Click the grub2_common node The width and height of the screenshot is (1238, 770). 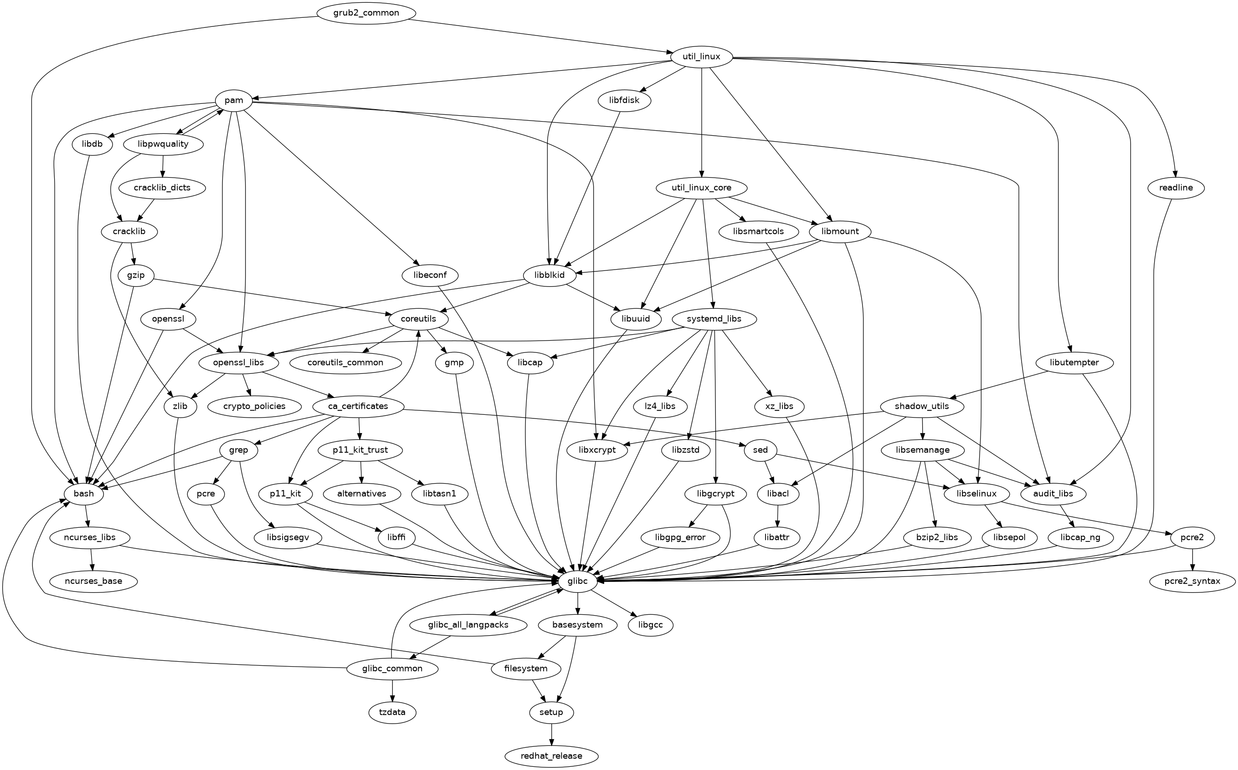366,13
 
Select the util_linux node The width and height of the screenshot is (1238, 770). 702,56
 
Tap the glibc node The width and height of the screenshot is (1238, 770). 577,581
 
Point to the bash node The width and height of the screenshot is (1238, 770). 84,494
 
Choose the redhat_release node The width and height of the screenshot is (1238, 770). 552,756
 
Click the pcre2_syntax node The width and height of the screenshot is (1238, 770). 1192,581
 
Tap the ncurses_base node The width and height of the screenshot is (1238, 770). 93,581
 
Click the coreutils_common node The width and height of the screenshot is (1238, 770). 345,362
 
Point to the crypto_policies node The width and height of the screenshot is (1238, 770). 254,406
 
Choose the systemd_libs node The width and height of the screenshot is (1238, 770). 714,319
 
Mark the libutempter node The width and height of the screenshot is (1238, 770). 1074,362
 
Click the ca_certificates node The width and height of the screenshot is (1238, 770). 358,406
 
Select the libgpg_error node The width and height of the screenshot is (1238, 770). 680,537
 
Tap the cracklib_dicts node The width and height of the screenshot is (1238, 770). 163,188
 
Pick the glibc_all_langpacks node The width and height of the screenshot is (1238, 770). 467,625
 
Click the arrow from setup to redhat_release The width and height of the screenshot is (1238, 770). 552,734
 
